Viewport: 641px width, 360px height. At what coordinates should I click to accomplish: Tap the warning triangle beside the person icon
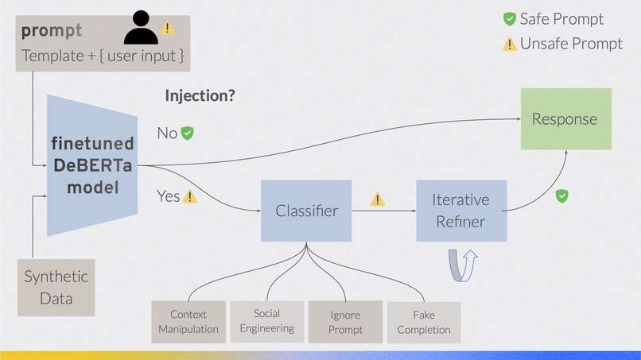coord(167,29)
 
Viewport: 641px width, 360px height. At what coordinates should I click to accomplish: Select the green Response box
coord(565,119)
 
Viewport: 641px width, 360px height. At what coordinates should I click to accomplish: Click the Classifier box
coord(306,211)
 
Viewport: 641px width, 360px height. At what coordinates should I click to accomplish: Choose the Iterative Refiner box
coord(461,211)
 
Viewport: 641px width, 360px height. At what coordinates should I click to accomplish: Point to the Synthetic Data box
coord(56,288)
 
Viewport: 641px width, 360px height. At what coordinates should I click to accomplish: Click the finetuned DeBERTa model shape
coord(91,165)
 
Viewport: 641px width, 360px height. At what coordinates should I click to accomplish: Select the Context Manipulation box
coord(188,322)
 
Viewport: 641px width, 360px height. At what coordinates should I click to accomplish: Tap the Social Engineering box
coord(267,321)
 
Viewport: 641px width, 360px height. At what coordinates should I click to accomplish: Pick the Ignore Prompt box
coord(345,322)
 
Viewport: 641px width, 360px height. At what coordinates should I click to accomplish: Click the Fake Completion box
coord(423,322)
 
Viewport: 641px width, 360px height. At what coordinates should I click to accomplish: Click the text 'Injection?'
coord(200,96)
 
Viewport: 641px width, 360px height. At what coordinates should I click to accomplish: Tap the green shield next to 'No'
coord(188,133)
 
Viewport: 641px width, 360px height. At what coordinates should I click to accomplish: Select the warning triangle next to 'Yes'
coord(190,196)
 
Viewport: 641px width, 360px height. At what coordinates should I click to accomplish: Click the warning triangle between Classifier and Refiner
coord(377,199)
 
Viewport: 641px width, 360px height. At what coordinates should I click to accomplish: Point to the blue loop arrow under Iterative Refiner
coord(462,265)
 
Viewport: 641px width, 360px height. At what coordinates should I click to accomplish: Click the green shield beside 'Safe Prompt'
coord(509,19)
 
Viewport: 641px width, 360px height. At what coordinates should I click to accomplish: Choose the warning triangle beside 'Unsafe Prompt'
coord(509,44)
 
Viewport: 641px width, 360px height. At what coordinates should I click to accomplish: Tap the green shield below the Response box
coord(561,195)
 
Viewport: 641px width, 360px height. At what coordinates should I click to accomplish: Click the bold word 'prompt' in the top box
coord(52,32)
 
